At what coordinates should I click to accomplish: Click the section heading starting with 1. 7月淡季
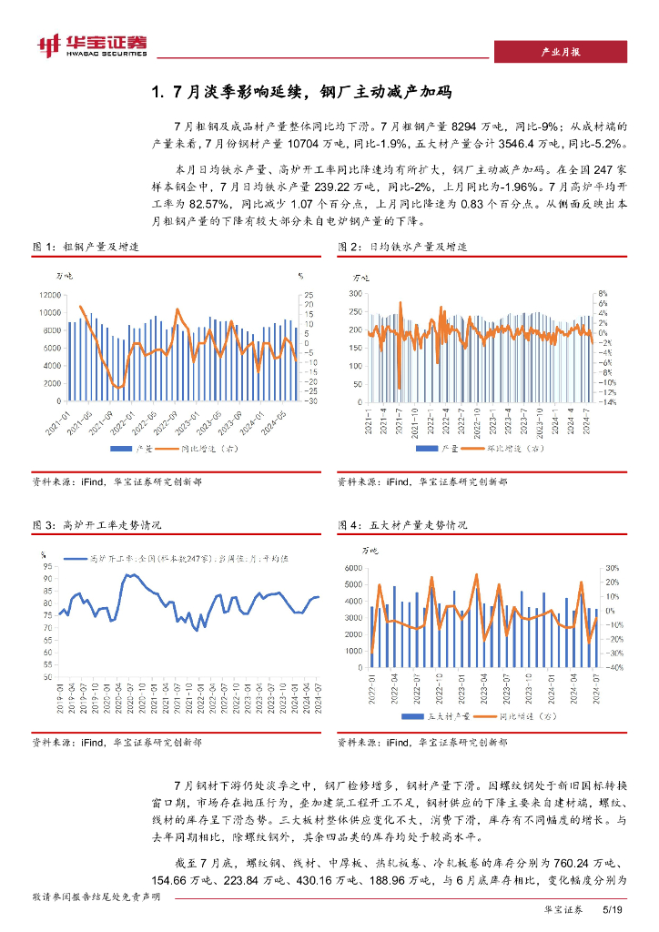click(x=301, y=92)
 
